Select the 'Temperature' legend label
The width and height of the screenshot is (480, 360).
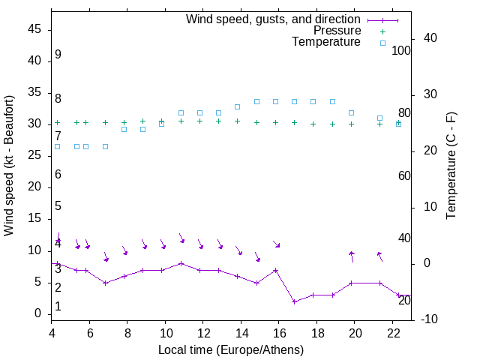coord(326,42)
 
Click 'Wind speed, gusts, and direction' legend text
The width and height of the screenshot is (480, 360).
coord(274,19)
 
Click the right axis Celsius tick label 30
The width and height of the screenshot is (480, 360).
coord(428,94)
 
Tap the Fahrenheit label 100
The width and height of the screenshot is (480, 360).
coord(401,50)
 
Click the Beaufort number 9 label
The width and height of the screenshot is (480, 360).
coord(58,55)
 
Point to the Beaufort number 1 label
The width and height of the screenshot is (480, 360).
coord(58,307)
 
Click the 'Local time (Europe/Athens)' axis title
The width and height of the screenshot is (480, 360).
coord(231,349)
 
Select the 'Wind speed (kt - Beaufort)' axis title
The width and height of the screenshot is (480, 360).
coord(9,165)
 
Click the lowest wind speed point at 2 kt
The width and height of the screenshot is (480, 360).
coord(295,301)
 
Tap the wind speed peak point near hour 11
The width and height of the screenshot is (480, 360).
coord(181,263)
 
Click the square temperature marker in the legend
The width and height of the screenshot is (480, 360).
coord(382,43)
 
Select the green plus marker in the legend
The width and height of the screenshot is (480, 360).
coord(382,31)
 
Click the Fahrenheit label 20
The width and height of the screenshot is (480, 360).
coord(404,300)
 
